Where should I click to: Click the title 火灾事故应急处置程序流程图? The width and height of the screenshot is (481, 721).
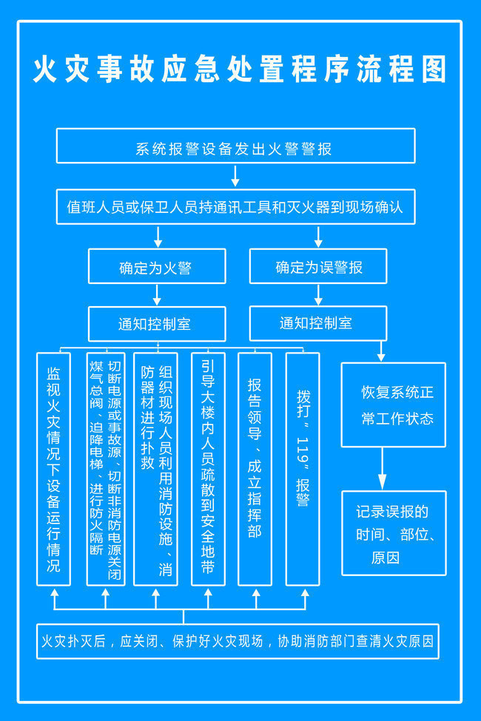[x=240, y=69]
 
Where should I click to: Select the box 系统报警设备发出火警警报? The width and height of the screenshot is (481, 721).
[x=235, y=146]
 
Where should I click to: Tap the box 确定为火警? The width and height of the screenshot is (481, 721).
[x=157, y=266]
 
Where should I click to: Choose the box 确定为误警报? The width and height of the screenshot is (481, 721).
[x=318, y=266]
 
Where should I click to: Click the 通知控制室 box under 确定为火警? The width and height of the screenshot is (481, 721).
[x=157, y=324]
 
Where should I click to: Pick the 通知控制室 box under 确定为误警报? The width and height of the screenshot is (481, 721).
[x=318, y=323]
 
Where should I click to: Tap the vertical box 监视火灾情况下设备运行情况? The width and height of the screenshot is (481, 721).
[x=53, y=469]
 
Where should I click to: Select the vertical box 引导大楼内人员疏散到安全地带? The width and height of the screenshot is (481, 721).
[x=208, y=469]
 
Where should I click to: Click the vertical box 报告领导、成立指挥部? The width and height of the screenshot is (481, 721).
[x=255, y=469]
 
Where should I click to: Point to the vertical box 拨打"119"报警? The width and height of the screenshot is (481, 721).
[x=303, y=469]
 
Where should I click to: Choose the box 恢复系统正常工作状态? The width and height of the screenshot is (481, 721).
[x=394, y=404]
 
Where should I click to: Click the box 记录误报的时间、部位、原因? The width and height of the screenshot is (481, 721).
[x=394, y=533]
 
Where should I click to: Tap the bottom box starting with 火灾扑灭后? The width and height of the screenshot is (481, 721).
[x=238, y=641]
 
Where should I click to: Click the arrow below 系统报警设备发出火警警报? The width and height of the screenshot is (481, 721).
[x=235, y=176]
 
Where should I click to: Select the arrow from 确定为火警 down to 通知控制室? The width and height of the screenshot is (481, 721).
[x=157, y=295]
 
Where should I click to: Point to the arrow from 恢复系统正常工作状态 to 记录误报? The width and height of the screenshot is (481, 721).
[x=382, y=469]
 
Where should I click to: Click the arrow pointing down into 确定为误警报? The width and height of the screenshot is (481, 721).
[x=318, y=237]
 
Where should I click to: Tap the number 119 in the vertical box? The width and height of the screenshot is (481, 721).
[x=303, y=450]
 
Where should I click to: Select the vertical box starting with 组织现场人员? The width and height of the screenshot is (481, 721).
[x=155, y=469]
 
